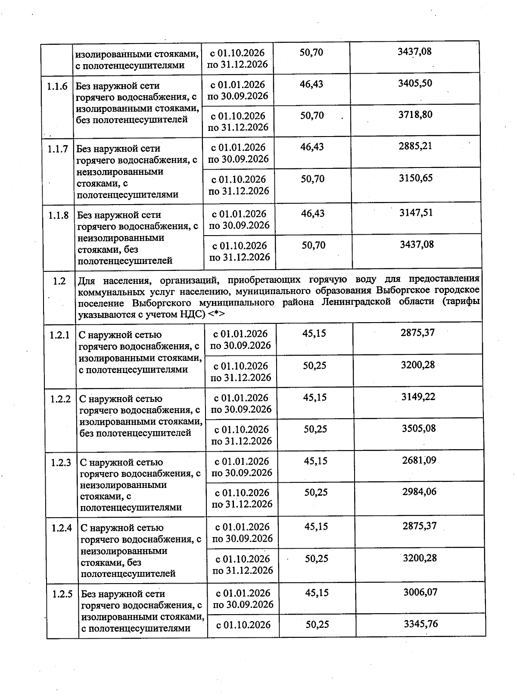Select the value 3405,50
(x=415, y=83)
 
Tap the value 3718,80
(x=415, y=115)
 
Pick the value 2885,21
(x=415, y=146)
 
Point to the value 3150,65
(x=416, y=178)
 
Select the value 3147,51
(x=416, y=212)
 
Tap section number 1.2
(x=59, y=281)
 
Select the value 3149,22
(x=418, y=397)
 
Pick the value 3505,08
(x=419, y=428)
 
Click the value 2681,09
(x=419, y=460)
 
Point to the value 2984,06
(x=419, y=491)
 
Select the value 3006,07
(x=420, y=592)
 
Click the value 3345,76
(x=421, y=624)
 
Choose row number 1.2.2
(x=60, y=399)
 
